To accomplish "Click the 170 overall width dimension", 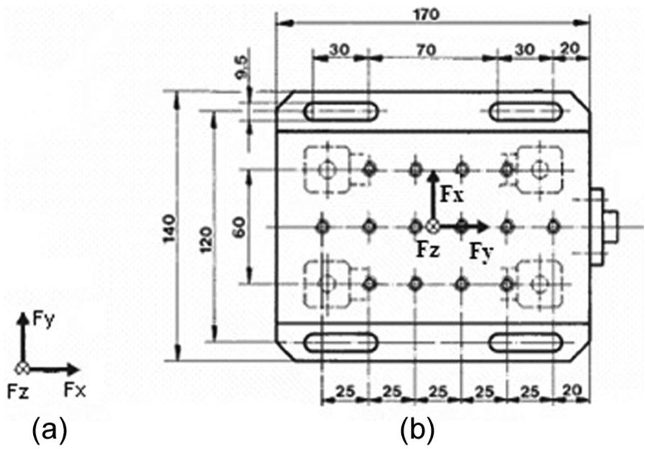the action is (x=426, y=15).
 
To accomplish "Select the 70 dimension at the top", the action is (x=426, y=50).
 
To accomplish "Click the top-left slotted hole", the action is (x=341, y=111).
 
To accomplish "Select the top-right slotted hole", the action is (x=526, y=112).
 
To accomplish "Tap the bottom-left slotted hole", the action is (x=341, y=342).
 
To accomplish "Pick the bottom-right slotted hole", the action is (x=526, y=343).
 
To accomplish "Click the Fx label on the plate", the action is (x=452, y=195).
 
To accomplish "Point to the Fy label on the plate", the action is (x=481, y=251).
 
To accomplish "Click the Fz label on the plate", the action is (x=428, y=250).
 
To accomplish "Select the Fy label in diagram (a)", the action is (x=43, y=319).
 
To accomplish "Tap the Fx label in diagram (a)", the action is (x=76, y=390).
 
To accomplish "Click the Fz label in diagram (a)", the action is (x=18, y=391).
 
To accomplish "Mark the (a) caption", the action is (x=50, y=430).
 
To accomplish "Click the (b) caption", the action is (x=418, y=430).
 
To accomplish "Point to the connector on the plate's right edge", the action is (x=604, y=227).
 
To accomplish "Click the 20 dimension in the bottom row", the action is (x=572, y=391).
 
